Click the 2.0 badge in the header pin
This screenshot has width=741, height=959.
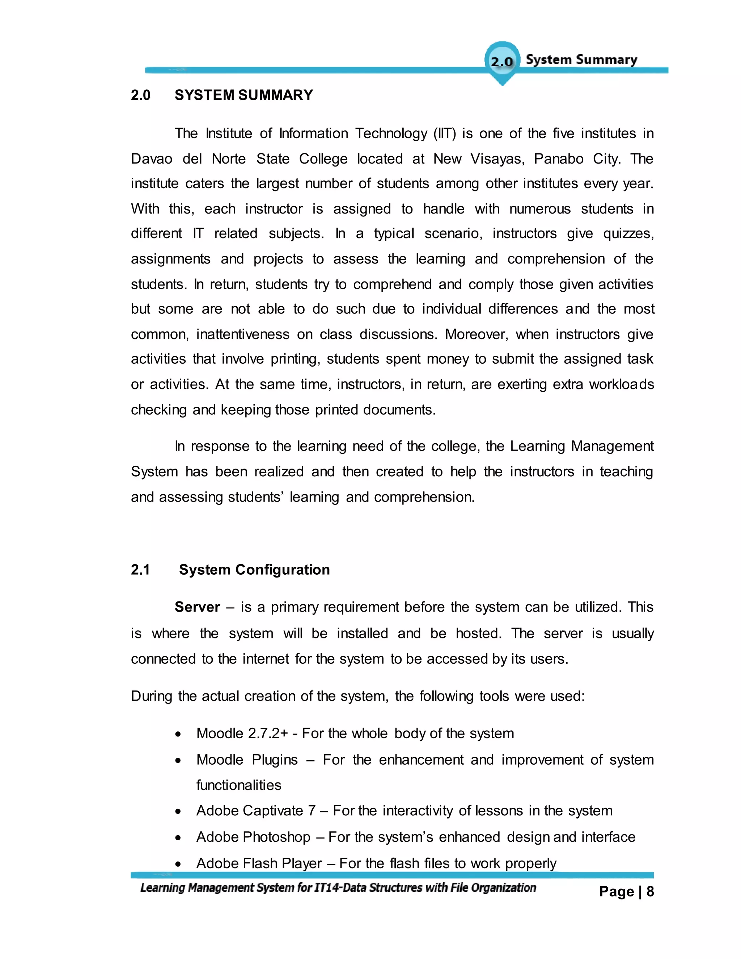[502, 61]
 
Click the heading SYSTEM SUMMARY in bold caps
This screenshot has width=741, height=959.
[244, 95]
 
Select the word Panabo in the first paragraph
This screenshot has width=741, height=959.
[558, 159]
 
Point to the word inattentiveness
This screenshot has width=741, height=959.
[242, 335]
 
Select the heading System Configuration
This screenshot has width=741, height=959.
[254, 570]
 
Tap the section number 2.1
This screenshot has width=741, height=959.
[140, 570]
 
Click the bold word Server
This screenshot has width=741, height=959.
[197, 607]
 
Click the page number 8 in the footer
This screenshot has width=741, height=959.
[650, 892]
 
